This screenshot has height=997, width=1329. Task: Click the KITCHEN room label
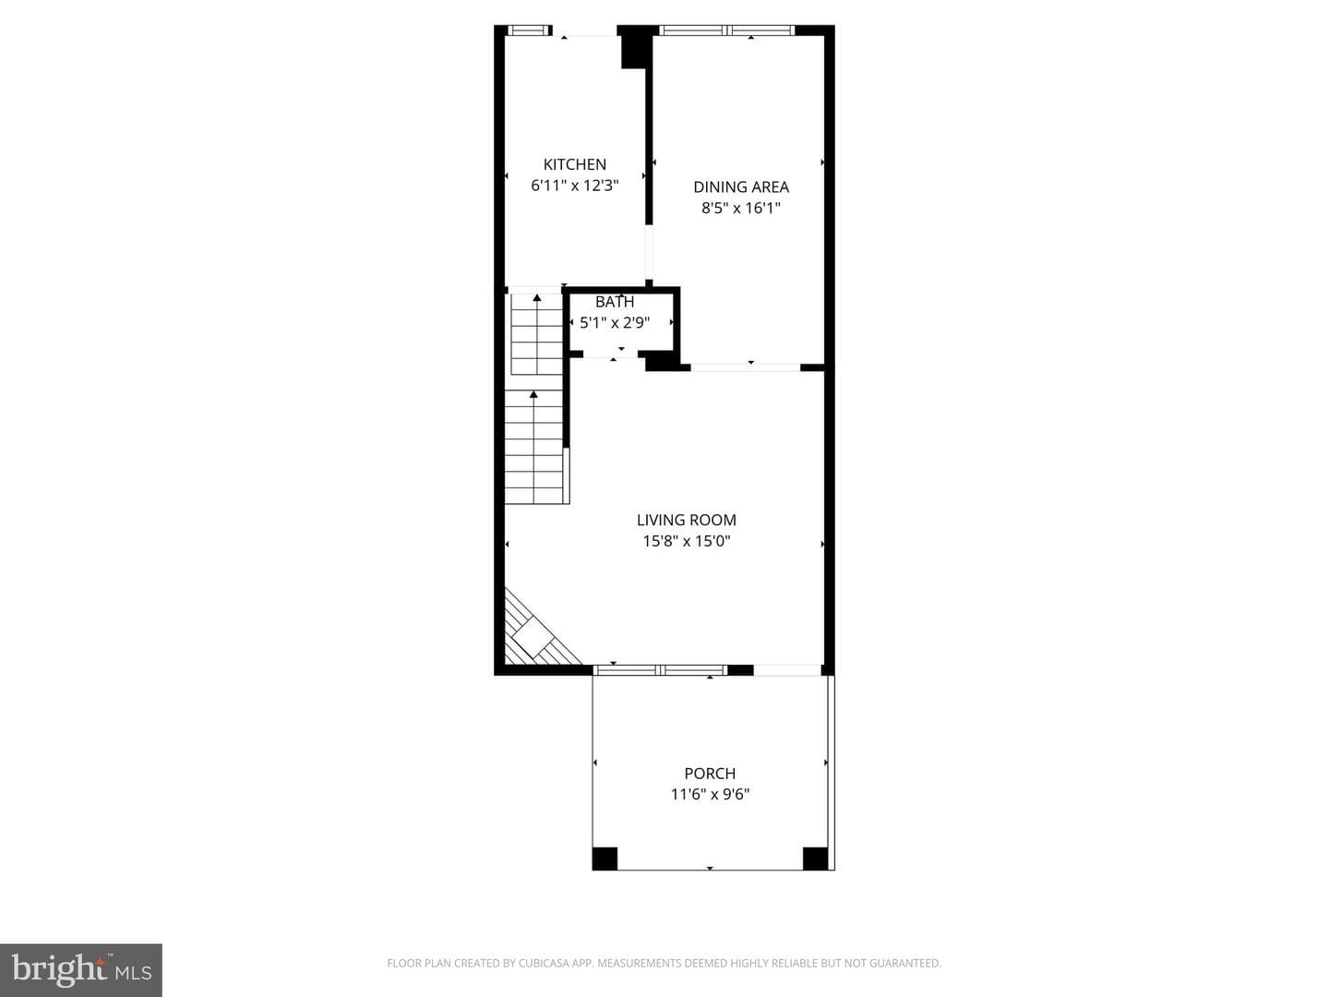pos(575,164)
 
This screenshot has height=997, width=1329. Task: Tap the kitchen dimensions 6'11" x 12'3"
pos(575,186)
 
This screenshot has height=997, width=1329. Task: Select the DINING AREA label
pos(741,187)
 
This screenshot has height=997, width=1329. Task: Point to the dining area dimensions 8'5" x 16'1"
pos(741,209)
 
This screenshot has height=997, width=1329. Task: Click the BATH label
pos(615,302)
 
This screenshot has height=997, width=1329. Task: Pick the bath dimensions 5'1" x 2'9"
pos(615,323)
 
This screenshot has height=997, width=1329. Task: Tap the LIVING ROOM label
pos(687,520)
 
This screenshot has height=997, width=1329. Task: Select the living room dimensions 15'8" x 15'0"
pos(687,541)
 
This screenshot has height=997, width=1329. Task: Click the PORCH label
pos(711,774)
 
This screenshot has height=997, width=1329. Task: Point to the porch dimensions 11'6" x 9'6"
pos(711,794)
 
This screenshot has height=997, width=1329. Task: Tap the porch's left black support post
pos(605,859)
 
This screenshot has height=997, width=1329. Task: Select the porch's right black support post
pos(815,859)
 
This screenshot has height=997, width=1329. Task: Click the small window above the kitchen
pos(528,30)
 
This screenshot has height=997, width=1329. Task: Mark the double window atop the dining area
pos(726,30)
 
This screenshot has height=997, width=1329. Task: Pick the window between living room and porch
pos(660,669)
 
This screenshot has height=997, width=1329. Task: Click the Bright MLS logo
pos(81,969)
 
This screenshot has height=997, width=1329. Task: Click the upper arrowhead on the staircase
pos(537,298)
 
